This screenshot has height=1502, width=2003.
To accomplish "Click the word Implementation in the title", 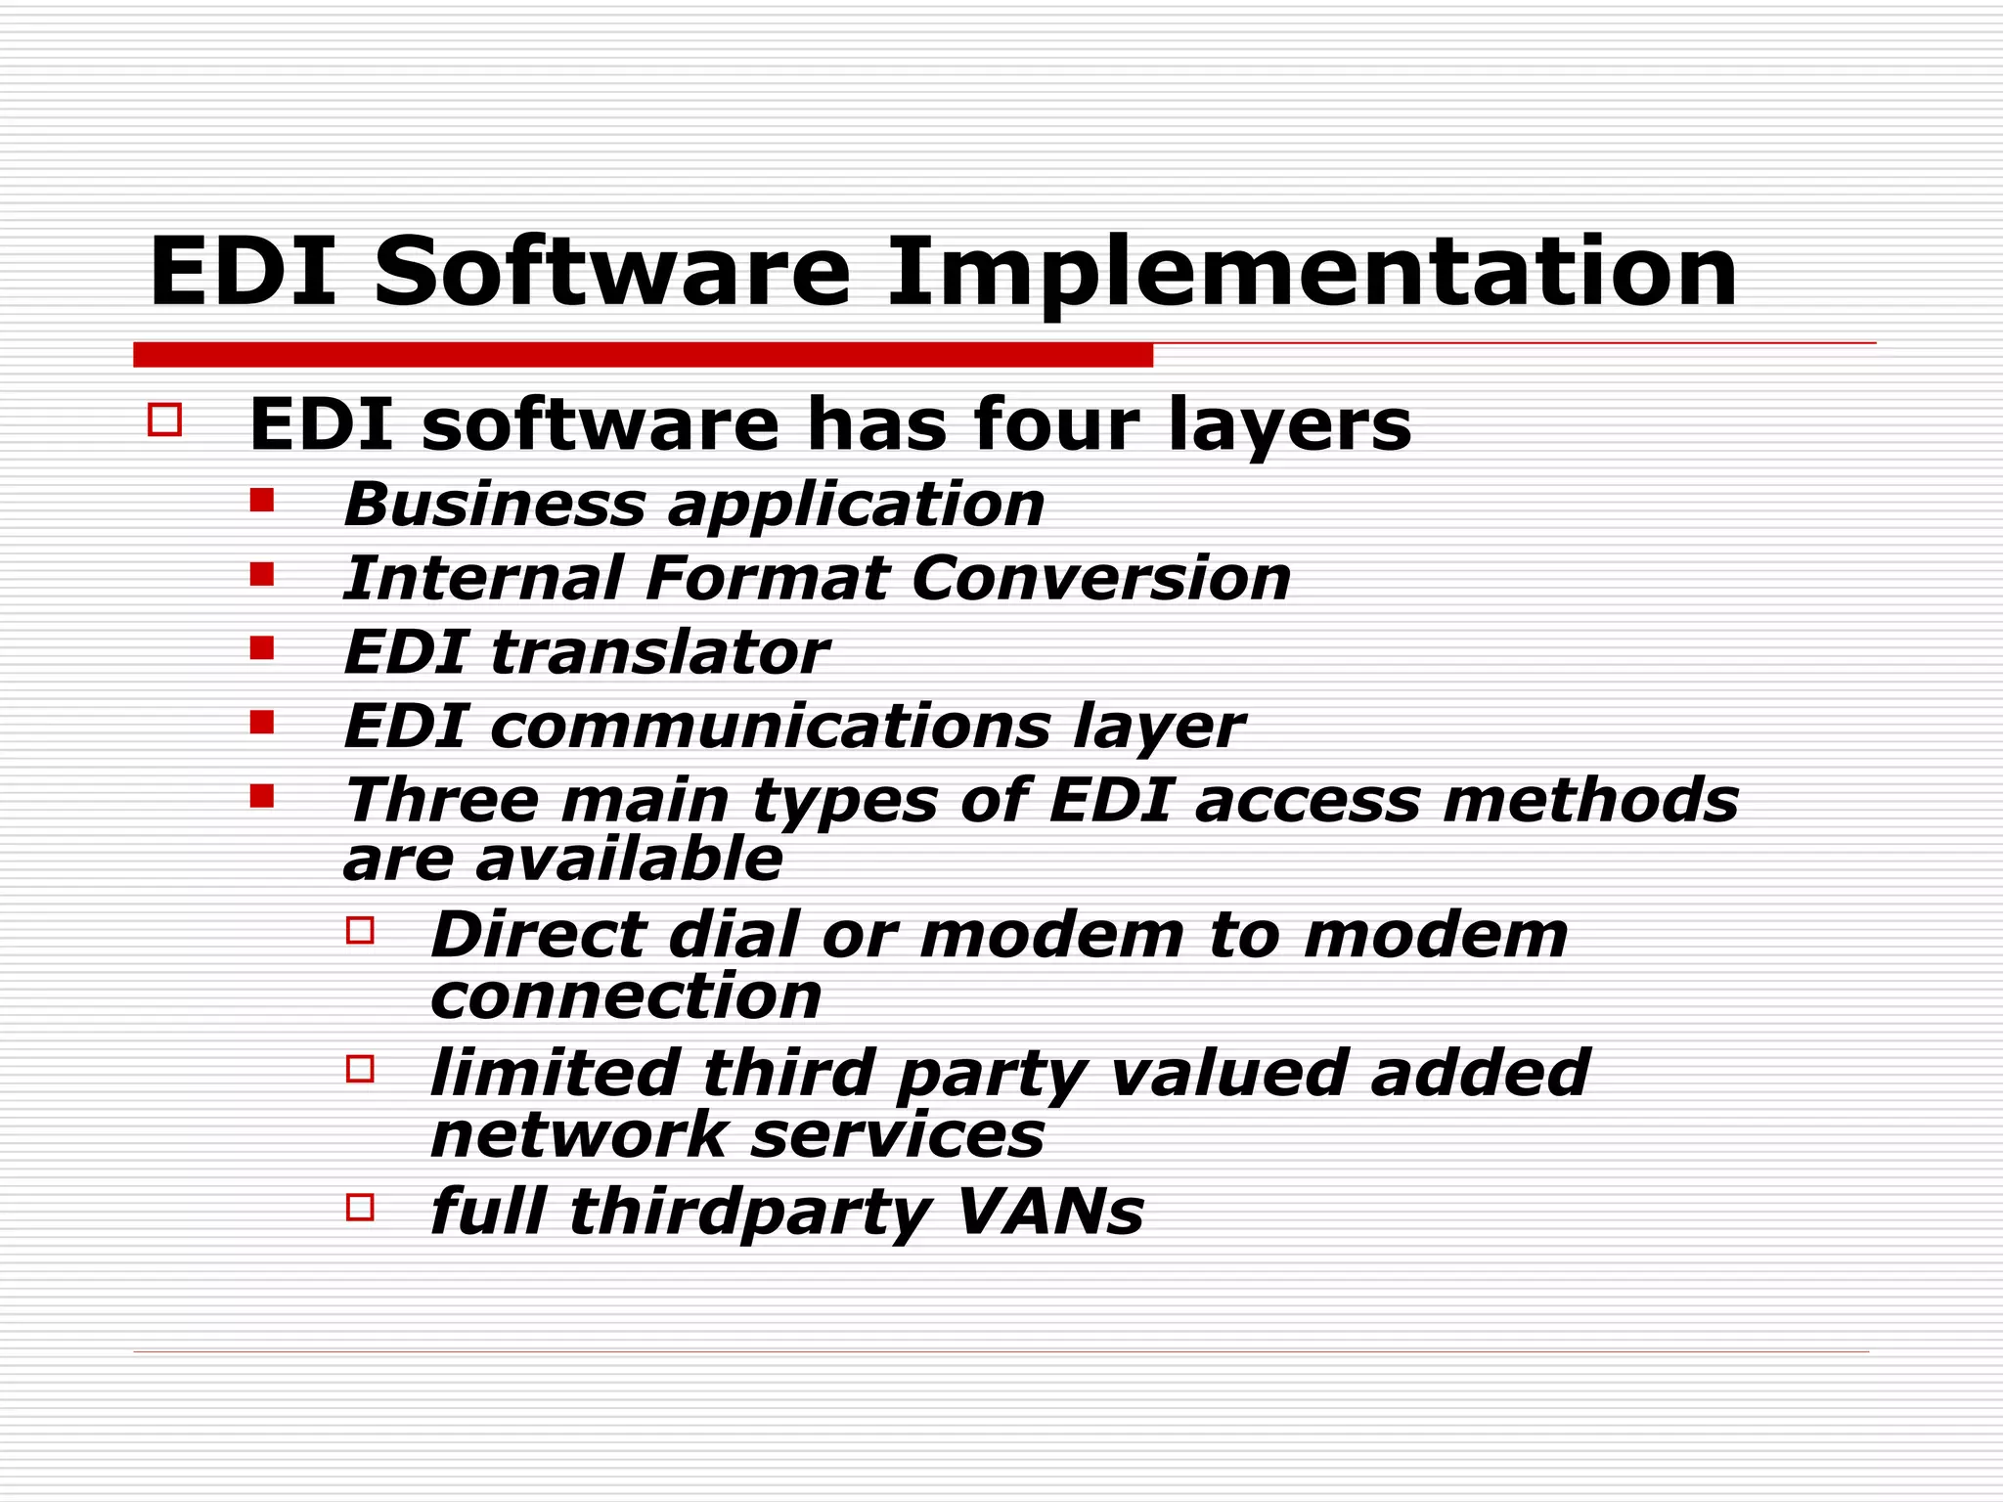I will (x=1311, y=274).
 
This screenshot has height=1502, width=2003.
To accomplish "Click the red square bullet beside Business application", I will (x=261, y=501).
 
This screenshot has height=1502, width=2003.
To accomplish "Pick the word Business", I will (x=494, y=505).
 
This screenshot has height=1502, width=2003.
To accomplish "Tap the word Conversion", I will (x=1100, y=578).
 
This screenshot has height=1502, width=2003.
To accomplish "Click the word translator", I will (x=659, y=652).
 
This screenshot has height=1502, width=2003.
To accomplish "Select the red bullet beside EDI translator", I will (x=261, y=648).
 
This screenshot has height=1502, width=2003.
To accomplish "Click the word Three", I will (x=441, y=800).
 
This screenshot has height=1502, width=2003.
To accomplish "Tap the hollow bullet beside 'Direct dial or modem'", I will (x=360, y=930).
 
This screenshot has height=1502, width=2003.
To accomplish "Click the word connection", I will (x=626, y=996).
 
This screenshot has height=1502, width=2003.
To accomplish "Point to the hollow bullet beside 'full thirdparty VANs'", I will (x=360, y=1208).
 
